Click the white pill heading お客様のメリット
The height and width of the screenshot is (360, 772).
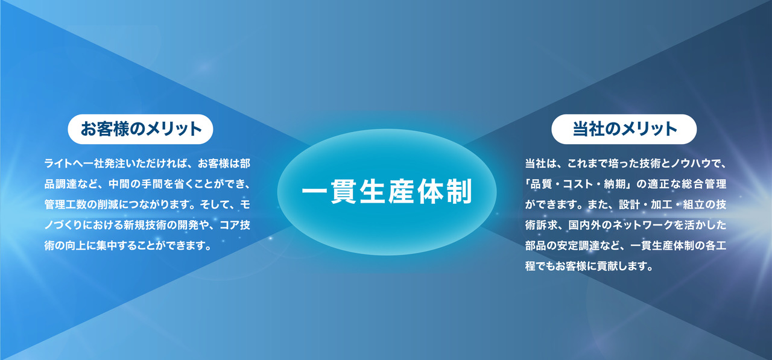tap(141, 129)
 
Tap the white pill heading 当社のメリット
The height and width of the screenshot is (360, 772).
tap(624, 129)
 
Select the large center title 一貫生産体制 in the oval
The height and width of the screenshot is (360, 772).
tap(387, 192)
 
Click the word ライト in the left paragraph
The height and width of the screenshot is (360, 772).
tap(60, 163)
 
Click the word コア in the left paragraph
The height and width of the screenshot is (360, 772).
tap(230, 226)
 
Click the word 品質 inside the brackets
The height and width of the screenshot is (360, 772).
tap(540, 184)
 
